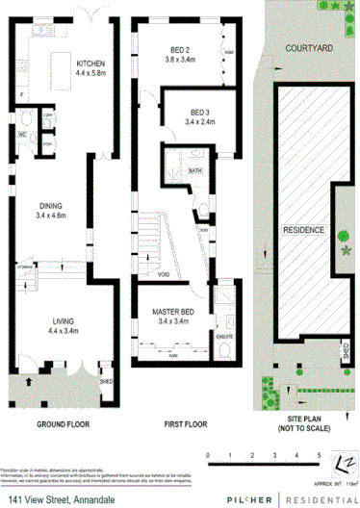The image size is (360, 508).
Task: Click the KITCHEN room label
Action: (x=90, y=63)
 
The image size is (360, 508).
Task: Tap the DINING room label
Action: (x=50, y=205)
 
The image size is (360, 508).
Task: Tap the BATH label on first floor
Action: (x=195, y=170)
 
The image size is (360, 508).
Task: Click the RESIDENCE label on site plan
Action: (x=302, y=231)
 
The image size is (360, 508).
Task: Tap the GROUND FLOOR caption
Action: (x=64, y=423)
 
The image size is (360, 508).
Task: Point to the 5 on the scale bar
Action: (x=319, y=453)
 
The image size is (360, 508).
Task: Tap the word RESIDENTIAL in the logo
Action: (x=320, y=498)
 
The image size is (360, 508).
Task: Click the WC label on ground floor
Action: (x=20, y=134)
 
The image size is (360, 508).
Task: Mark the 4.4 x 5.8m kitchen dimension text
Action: (x=90, y=73)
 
